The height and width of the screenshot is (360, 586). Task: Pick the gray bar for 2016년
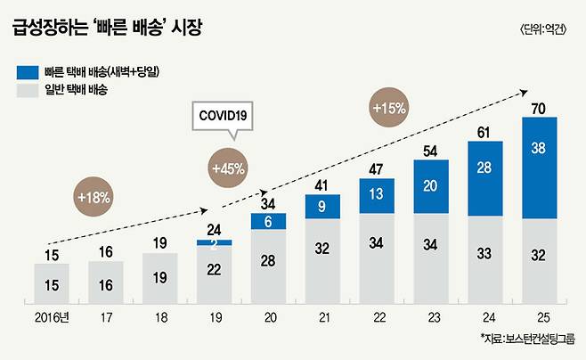point(51,283)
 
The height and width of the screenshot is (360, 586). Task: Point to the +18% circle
point(94,197)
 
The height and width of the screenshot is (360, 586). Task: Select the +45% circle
point(228,167)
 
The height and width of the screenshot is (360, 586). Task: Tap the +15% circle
point(388,108)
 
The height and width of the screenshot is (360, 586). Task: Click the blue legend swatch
point(26,70)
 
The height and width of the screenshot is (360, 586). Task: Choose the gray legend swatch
point(26,89)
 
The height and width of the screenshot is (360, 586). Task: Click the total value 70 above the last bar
point(540,109)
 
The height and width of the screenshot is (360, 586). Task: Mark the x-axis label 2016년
point(51,316)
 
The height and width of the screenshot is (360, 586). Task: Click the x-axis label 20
point(268,316)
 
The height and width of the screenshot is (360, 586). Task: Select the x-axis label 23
point(431,316)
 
